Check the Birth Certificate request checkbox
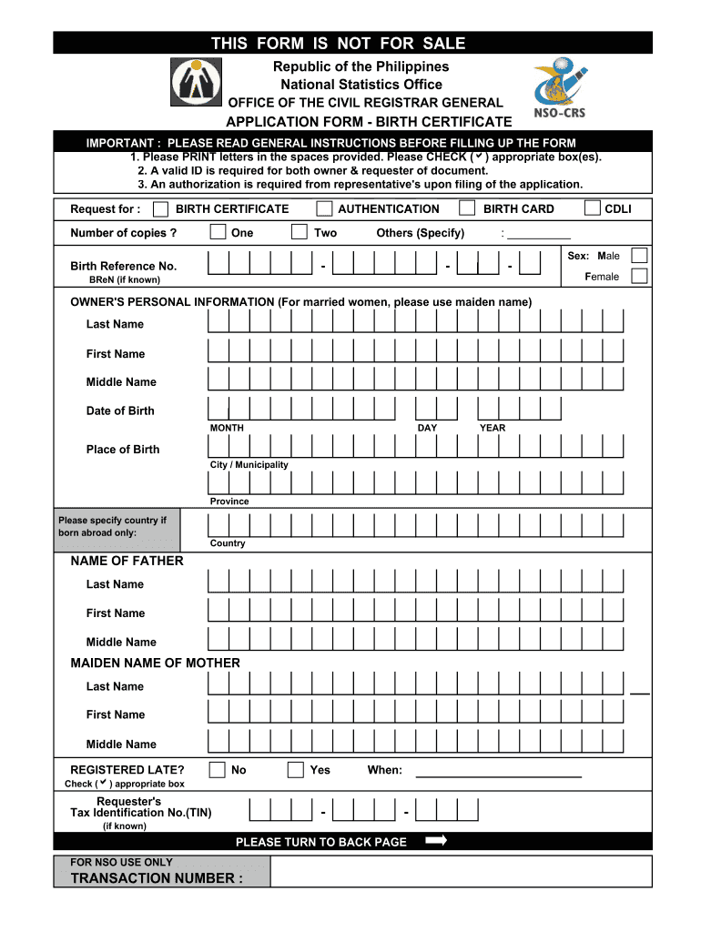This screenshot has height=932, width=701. click(160, 209)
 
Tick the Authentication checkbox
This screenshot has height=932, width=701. click(323, 208)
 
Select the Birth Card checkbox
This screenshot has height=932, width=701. click(467, 208)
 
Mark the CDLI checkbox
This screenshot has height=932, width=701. click(593, 208)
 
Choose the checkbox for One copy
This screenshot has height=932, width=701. click(218, 232)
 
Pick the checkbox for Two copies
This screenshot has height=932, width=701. click(299, 232)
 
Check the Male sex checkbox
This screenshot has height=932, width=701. click(639, 256)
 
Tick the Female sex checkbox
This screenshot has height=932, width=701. click(639, 276)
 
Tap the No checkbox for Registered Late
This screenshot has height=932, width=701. click(217, 770)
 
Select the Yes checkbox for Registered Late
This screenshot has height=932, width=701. click(295, 770)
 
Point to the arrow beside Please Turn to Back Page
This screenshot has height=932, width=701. click(436, 841)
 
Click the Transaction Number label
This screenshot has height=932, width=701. click(157, 878)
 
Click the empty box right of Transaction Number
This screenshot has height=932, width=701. click(462, 871)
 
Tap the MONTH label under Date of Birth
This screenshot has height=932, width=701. click(227, 428)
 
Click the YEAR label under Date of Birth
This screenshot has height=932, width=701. click(493, 428)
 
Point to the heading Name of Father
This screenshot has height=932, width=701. click(127, 561)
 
